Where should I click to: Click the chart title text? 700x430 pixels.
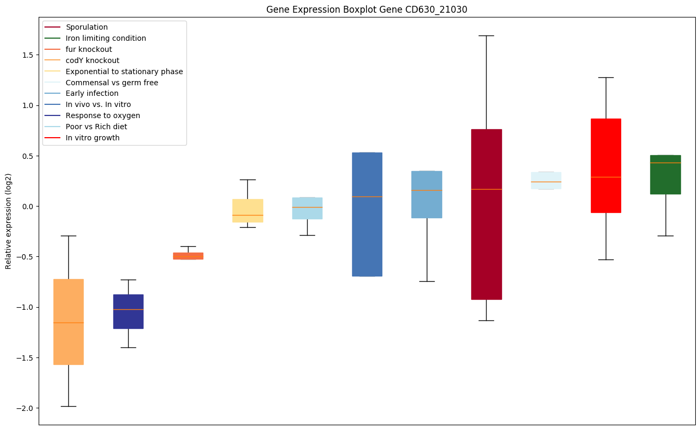click(366, 10)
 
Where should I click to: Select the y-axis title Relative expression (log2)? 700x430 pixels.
click(8, 221)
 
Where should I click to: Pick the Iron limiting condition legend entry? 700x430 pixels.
click(105, 38)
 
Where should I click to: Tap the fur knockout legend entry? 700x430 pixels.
click(88, 49)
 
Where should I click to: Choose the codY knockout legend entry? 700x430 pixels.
click(92, 60)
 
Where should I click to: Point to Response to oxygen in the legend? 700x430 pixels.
click(103, 115)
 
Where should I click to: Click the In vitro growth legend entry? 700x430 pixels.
click(92, 138)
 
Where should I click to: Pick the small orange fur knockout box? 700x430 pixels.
click(188, 256)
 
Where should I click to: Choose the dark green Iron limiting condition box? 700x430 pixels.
click(666, 174)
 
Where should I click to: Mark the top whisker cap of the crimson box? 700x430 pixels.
click(486, 35)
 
